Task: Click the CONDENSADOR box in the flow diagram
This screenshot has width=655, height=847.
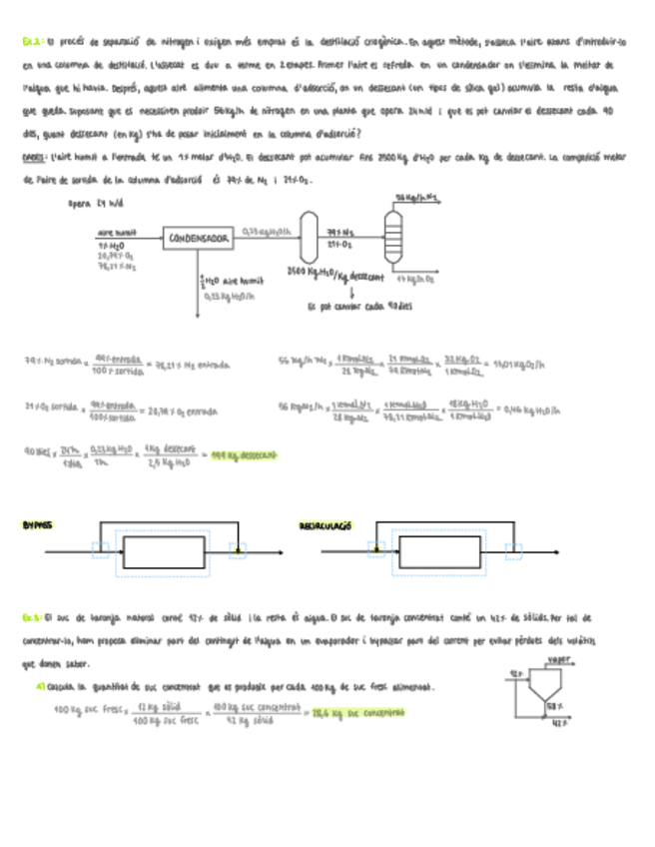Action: pos(200,239)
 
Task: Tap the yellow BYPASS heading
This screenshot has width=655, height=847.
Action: pos(37,525)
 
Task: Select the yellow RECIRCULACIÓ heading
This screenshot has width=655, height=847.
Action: pos(326,525)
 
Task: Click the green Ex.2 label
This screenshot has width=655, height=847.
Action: pos(30,43)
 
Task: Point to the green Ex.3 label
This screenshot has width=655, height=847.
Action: pos(31,619)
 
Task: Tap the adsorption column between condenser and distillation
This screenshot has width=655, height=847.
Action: pos(312,238)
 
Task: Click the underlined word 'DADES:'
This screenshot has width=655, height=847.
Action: pos(34,157)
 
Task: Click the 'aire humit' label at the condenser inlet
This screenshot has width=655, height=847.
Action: pos(117,232)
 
